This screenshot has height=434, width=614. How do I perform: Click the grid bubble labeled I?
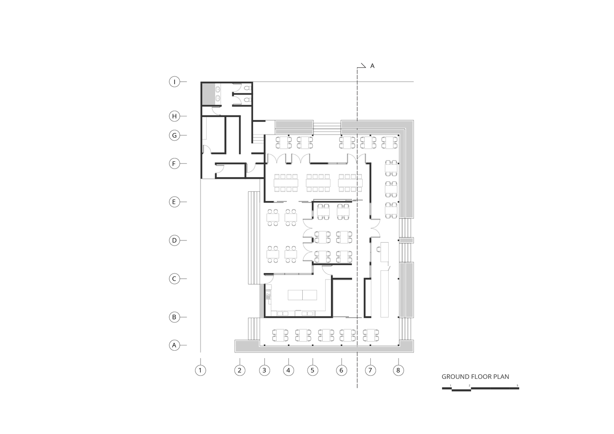point(174,82)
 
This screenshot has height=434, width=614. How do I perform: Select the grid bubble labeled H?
point(174,116)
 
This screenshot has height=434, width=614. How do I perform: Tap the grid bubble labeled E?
point(174,202)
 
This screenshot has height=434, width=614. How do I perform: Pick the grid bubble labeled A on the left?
point(174,345)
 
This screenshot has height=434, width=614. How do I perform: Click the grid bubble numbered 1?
point(200,370)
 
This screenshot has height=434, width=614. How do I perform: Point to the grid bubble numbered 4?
point(288,370)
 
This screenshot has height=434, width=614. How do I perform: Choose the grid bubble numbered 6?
point(341,370)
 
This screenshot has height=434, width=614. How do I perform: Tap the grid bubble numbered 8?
point(398,370)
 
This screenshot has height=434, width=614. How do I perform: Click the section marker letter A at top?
point(372,66)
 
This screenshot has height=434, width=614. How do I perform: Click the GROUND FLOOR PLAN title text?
point(475,377)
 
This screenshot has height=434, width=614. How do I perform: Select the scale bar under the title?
point(480,388)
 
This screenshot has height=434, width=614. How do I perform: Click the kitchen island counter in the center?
point(303,295)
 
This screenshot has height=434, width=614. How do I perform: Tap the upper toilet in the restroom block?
point(247,89)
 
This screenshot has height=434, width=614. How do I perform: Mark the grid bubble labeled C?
point(174,279)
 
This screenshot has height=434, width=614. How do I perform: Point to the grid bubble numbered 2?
point(239,370)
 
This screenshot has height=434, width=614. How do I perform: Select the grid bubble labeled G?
point(174,135)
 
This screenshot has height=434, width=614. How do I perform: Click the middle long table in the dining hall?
point(318,183)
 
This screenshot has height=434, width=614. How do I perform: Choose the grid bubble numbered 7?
point(370,370)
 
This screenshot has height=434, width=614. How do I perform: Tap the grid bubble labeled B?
point(174,317)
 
